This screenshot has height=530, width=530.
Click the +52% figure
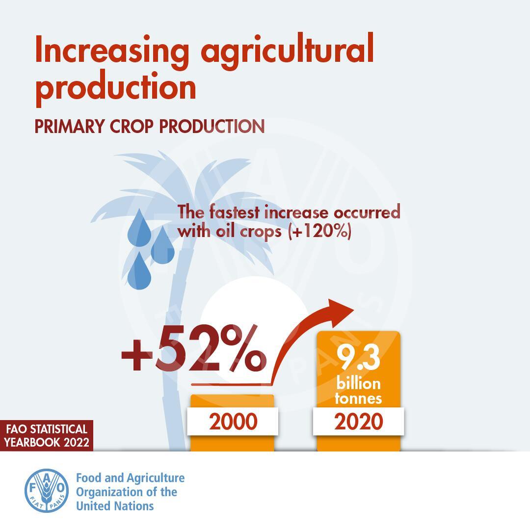[194, 348]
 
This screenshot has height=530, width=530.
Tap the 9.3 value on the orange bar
[358, 357]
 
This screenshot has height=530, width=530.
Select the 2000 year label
[233, 422]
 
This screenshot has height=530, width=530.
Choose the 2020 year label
[359, 422]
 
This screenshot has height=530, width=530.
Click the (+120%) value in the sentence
[320, 232]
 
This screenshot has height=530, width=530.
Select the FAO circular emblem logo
[47, 490]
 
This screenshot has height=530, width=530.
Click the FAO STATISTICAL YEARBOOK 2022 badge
[47, 435]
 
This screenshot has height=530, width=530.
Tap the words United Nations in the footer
[115, 506]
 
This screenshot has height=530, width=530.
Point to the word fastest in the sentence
[234, 212]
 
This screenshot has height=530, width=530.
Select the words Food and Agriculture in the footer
[131, 478]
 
